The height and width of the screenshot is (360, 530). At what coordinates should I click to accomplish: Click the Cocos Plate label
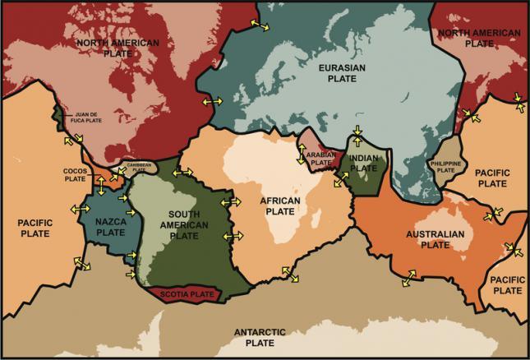coord(75,174)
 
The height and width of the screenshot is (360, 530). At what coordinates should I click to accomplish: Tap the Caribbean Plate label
coord(137,167)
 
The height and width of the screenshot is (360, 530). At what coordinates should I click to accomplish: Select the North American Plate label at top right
coord(479,39)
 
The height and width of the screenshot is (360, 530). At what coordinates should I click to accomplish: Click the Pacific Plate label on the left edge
coord(35,228)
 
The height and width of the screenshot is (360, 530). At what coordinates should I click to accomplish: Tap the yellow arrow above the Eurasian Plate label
coord(259,27)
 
